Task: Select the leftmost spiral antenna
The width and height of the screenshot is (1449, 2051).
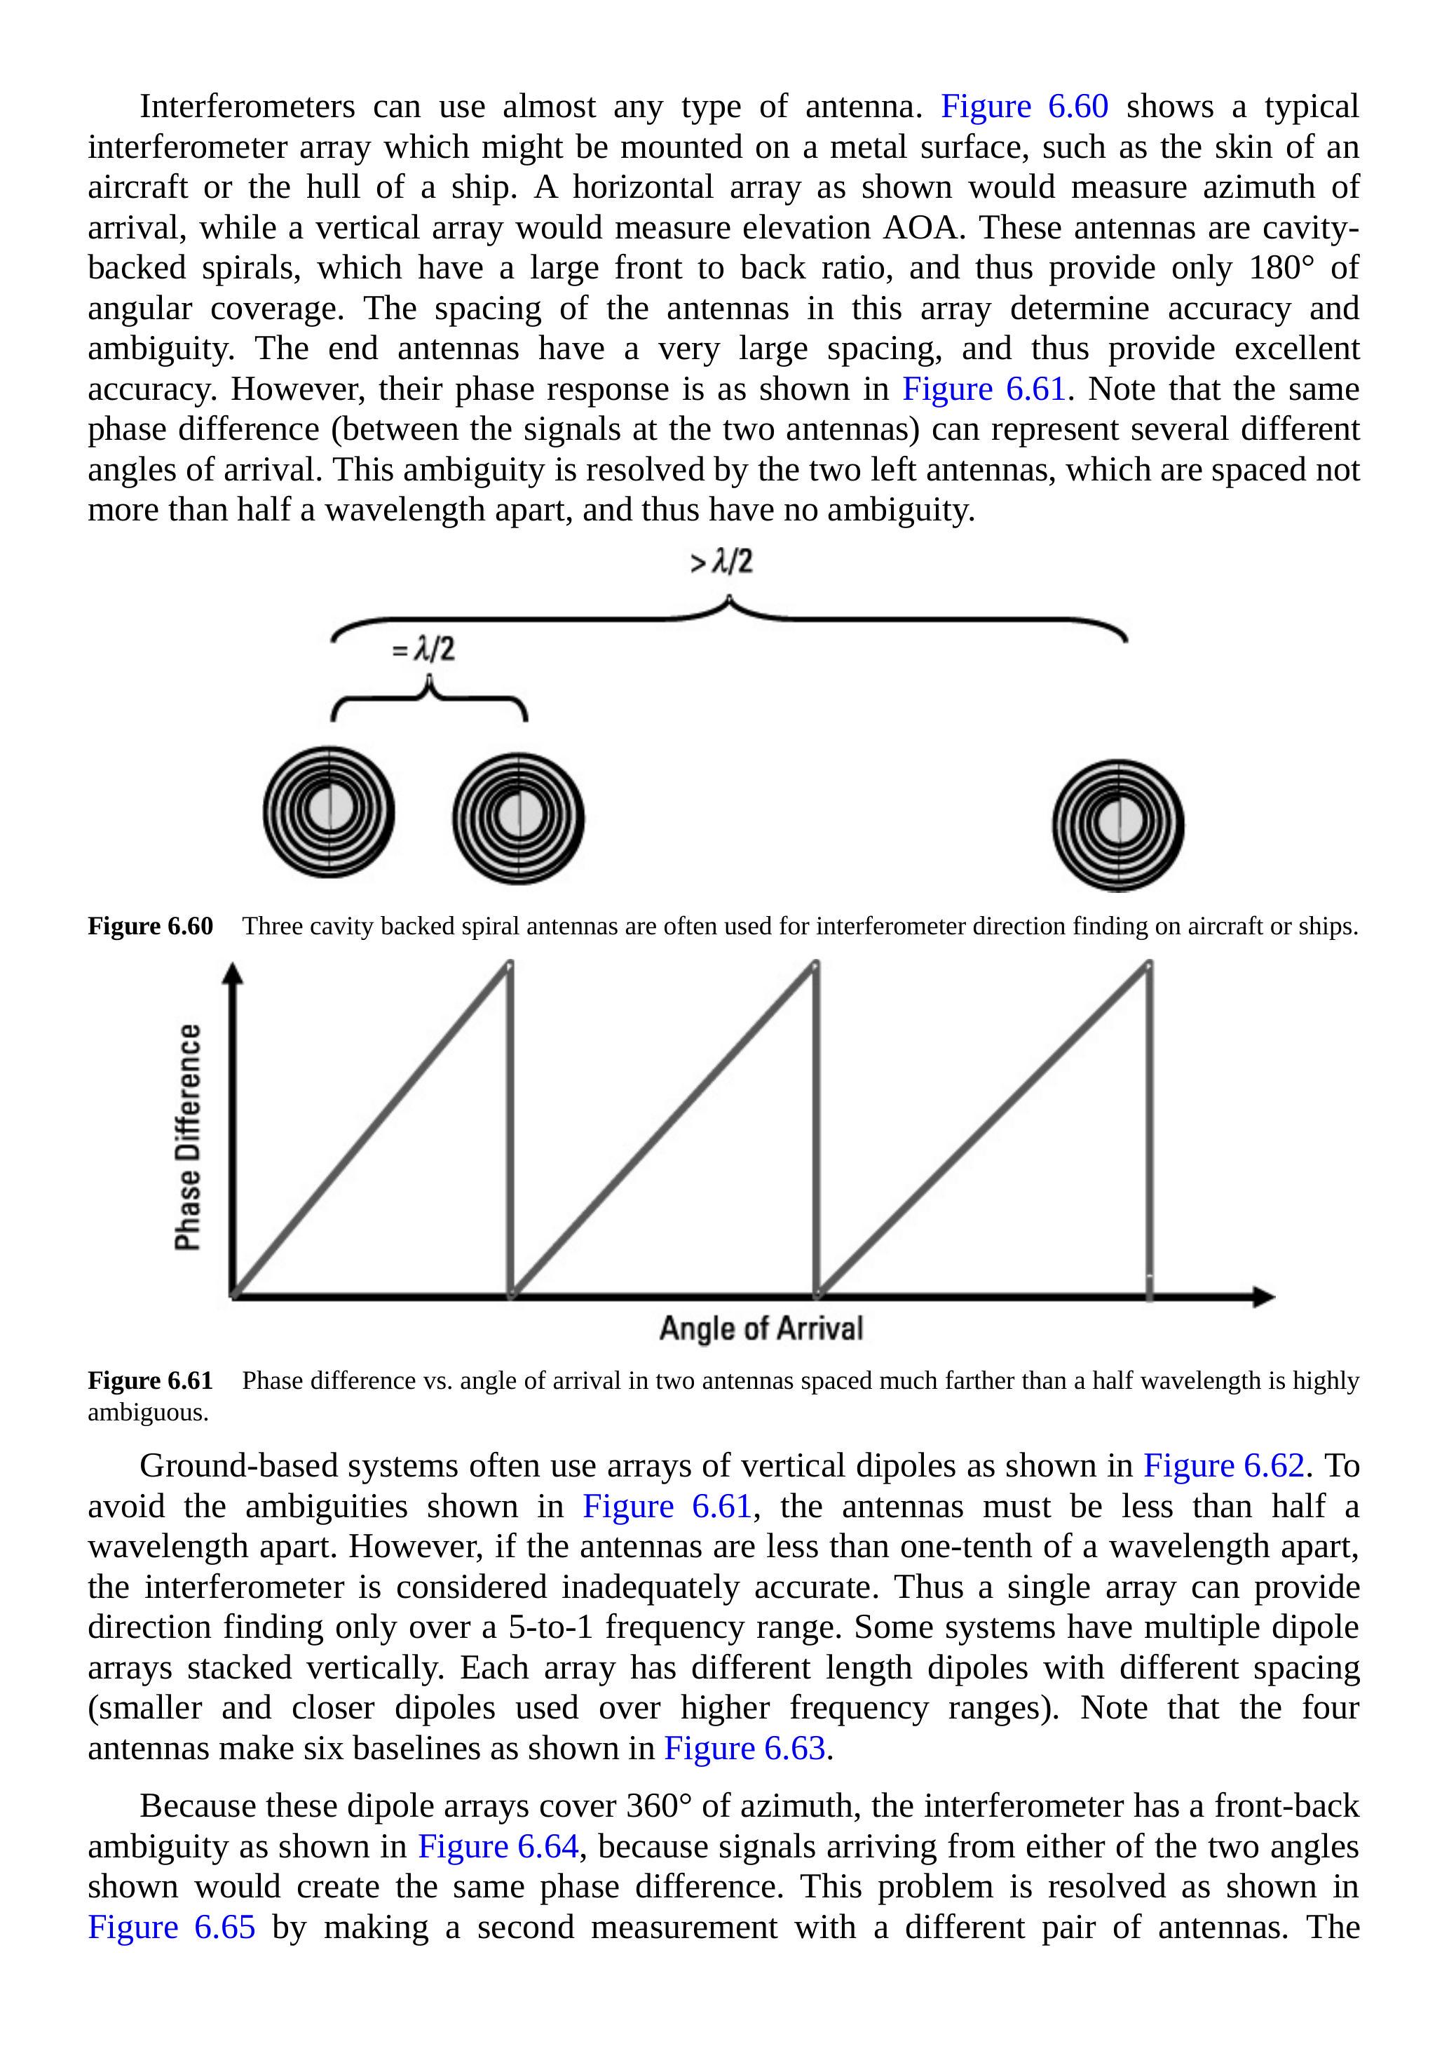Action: tap(329, 812)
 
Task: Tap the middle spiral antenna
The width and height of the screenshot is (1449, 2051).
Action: tap(518, 819)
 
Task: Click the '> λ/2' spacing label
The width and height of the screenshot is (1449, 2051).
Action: tap(721, 562)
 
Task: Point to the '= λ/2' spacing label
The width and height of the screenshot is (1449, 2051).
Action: tap(423, 649)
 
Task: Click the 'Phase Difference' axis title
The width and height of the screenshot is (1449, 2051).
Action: tap(187, 1137)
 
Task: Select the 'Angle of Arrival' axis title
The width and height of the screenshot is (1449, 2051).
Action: tap(761, 1329)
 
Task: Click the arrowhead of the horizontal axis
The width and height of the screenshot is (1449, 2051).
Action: tap(1263, 1296)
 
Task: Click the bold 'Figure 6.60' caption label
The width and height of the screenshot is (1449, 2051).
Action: tap(150, 927)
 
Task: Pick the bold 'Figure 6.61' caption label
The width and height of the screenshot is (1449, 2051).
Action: tap(150, 1381)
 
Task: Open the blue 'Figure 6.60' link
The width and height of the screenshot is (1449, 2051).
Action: tap(1024, 107)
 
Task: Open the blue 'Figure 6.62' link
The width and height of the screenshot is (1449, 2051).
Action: tap(1224, 1466)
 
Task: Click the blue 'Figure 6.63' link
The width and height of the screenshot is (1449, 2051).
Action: tap(744, 1748)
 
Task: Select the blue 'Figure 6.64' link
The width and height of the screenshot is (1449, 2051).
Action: tap(498, 1845)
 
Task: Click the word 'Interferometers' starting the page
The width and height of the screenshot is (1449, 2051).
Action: tap(247, 107)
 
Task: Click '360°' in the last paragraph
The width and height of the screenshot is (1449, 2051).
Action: tap(659, 1805)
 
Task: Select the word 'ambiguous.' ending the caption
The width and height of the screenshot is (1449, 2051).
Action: tap(147, 1412)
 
